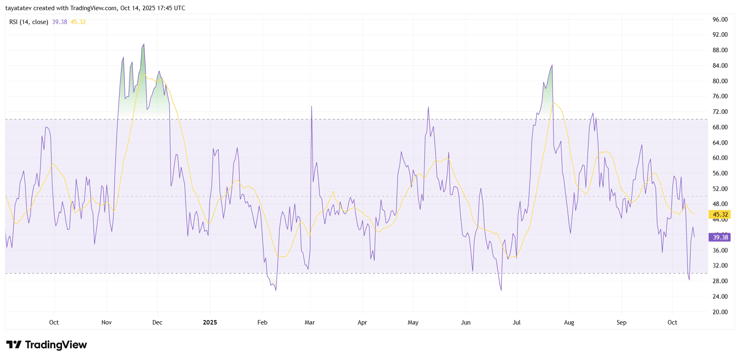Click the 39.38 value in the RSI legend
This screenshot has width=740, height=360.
(60, 22)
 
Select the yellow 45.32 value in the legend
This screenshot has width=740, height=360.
(78, 22)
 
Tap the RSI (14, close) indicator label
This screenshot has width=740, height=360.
(29, 22)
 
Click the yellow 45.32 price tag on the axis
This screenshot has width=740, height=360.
(720, 214)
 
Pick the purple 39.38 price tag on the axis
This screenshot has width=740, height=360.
(720, 237)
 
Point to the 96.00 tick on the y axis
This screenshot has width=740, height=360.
(720, 20)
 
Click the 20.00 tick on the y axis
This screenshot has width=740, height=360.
(720, 312)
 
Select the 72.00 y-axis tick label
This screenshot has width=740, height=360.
(720, 112)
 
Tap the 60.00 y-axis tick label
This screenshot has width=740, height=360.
(720, 158)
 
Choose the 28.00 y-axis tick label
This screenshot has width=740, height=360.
(720, 281)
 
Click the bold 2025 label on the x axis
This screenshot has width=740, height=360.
(210, 322)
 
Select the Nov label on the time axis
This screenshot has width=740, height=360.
(106, 322)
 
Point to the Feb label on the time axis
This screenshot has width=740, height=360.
(263, 322)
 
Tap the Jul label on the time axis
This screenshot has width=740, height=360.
(517, 322)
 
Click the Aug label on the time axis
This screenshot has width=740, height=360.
(569, 322)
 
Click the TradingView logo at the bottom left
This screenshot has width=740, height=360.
(46, 345)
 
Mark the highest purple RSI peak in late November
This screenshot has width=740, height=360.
(144, 44)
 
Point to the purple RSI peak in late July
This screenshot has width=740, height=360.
(552, 65)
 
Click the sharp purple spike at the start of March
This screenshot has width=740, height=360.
(311, 107)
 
